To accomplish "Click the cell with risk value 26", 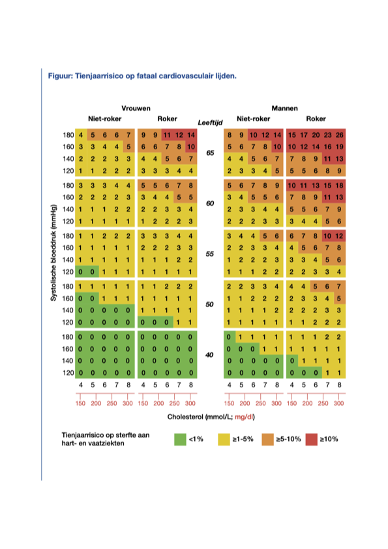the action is pyautogui.click(x=340, y=135).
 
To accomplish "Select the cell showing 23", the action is pyautogui.click(x=328, y=135).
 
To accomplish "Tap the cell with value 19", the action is pyautogui.click(x=340, y=147).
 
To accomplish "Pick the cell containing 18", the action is pyautogui.click(x=340, y=185).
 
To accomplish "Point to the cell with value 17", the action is pyautogui.click(x=304, y=135).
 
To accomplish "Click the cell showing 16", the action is pyautogui.click(x=328, y=147).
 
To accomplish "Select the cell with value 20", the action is pyautogui.click(x=316, y=135).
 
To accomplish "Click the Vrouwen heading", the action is pyautogui.click(x=136, y=108).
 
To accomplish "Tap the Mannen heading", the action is pyautogui.click(x=285, y=108).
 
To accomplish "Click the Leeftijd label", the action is pyautogui.click(x=210, y=123).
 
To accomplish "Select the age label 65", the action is pyautogui.click(x=210, y=153).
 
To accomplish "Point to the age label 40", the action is pyautogui.click(x=209, y=355).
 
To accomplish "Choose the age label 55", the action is pyautogui.click(x=210, y=254).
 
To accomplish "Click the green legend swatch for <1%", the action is pyautogui.click(x=180, y=439).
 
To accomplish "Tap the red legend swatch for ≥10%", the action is pyautogui.click(x=311, y=439).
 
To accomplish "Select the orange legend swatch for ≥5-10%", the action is pyautogui.click(x=267, y=439).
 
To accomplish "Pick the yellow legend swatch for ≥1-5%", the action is pyautogui.click(x=224, y=439).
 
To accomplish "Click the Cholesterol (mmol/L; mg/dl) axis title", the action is pyautogui.click(x=211, y=417).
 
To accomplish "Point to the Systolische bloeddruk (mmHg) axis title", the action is pyautogui.click(x=53, y=253).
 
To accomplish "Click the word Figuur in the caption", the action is pyautogui.click(x=60, y=76).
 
